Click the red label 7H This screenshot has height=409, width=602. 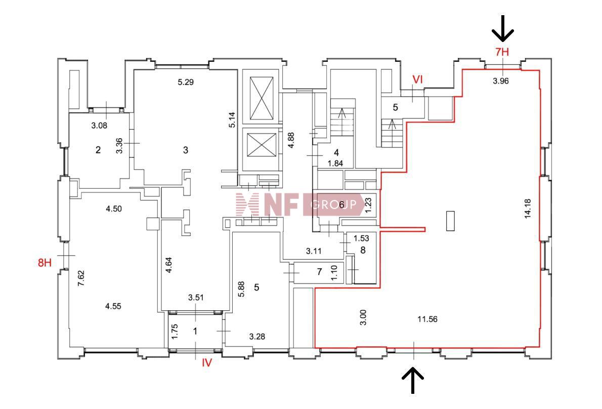point(502,52)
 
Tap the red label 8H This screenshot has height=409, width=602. point(45,263)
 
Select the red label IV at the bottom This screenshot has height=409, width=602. point(207,362)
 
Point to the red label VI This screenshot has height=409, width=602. point(417,79)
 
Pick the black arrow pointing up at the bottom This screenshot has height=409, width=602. point(413,380)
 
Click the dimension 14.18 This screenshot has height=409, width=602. point(528,209)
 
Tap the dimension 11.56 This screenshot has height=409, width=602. point(427,319)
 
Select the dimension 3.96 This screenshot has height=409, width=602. point(501,80)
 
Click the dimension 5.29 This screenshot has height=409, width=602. point(186,82)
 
